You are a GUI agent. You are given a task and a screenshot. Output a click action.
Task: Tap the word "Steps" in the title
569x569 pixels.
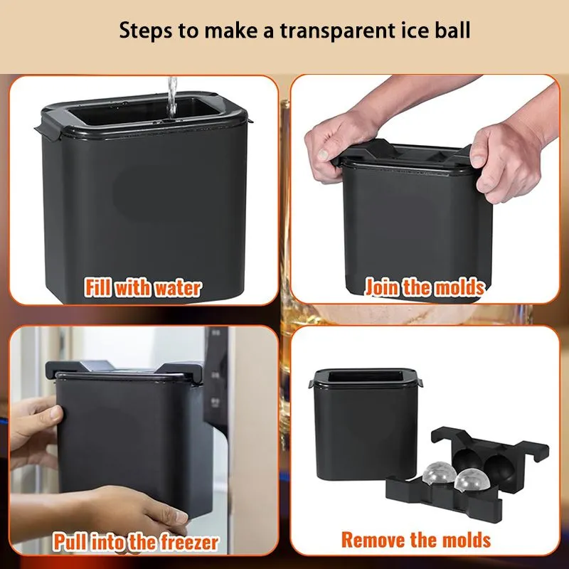pos(146,31)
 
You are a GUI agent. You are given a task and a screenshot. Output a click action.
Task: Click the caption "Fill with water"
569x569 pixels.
pos(143,288)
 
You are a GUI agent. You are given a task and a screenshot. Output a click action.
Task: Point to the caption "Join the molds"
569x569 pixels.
pos(425,287)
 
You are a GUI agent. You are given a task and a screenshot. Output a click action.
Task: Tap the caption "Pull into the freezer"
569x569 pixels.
pos(136,542)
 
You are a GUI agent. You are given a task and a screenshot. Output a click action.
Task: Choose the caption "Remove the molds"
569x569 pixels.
pos(416,540)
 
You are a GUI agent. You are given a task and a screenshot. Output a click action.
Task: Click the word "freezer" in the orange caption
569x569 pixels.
pos(189,542)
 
